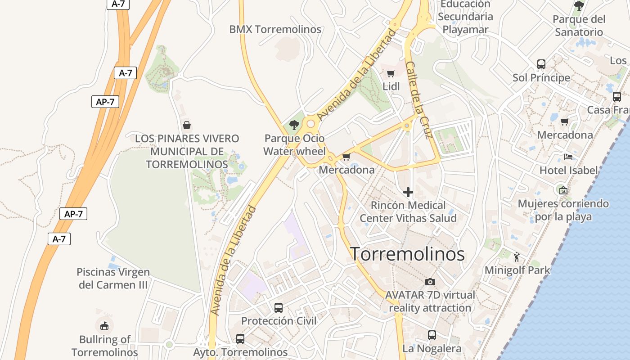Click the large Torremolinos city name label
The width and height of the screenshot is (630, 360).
tap(407, 254)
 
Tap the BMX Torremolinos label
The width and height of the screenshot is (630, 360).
tap(275, 30)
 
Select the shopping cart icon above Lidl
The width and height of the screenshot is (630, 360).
tap(391, 73)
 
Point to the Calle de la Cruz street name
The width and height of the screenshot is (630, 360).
tap(418, 100)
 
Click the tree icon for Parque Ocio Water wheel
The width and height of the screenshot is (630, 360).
tap(294, 125)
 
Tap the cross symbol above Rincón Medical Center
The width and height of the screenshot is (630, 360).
tap(408, 192)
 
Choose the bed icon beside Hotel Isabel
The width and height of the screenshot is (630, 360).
tap(568, 157)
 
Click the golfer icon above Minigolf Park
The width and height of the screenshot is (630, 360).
tap(517, 257)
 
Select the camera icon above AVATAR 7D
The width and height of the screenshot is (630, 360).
tap(430, 282)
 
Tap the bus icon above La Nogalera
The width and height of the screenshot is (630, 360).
tap(432, 335)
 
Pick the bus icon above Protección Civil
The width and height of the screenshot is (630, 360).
tap(279, 308)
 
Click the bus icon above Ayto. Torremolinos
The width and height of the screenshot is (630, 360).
tap(240, 338)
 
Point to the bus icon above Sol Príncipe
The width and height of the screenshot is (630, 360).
tap(541, 64)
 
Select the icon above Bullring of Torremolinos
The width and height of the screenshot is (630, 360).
tap(104, 325)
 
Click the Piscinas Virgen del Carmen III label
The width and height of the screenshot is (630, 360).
tap(113, 278)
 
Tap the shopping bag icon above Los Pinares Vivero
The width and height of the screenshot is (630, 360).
tap(186, 125)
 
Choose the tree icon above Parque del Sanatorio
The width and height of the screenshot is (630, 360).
tap(579, 6)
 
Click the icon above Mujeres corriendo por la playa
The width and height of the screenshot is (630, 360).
tap(563, 190)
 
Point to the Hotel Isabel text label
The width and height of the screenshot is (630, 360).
tap(569, 171)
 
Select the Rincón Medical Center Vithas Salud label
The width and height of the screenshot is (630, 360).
tap(408, 211)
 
